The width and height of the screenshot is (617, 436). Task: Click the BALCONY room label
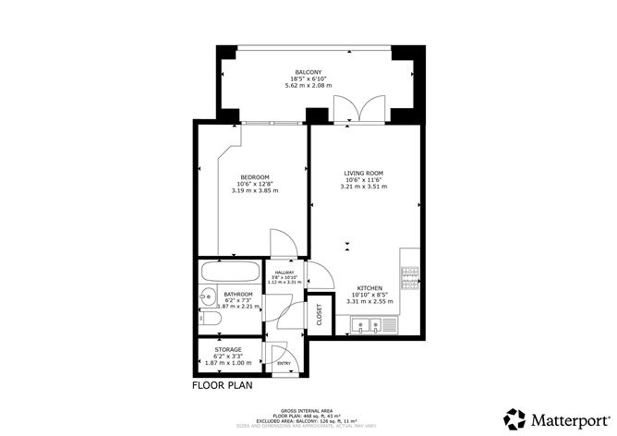(308, 72)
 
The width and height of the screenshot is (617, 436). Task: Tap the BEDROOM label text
(254, 177)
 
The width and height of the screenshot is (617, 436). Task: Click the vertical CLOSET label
(320, 314)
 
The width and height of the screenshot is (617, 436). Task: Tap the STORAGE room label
(228, 350)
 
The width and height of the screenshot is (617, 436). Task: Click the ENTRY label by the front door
(283, 364)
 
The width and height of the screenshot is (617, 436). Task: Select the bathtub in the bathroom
(231, 274)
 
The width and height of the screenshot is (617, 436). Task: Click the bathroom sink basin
(205, 298)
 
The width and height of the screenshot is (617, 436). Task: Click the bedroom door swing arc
(283, 244)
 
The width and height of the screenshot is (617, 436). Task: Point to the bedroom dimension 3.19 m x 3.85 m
(254, 190)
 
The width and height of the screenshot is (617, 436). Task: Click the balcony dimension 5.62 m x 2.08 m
(308, 86)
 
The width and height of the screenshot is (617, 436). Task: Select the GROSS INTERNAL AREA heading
(308, 409)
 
